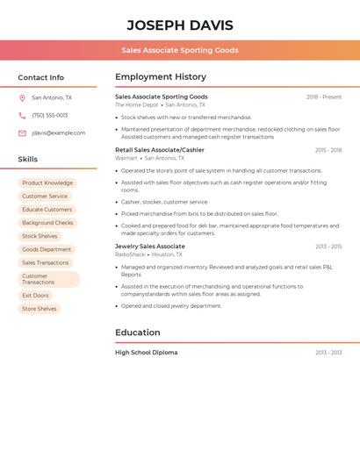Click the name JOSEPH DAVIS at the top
click(180, 25)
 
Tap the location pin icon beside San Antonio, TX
click(22, 97)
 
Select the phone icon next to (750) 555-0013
click(22, 115)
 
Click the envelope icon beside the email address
click(22, 133)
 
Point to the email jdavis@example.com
click(59, 133)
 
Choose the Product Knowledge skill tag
click(47, 183)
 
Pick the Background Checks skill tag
click(47, 223)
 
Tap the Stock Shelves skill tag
click(40, 236)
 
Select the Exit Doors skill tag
click(35, 296)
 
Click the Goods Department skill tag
click(47, 249)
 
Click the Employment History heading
click(161, 77)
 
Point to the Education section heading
click(138, 333)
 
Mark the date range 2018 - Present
click(324, 97)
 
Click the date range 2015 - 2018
click(328, 150)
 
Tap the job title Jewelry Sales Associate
click(150, 247)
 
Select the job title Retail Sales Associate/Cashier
click(160, 150)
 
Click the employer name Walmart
click(126, 158)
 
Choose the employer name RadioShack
click(130, 254)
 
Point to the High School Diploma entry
click(147, 353)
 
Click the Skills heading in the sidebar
click(28, 160)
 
